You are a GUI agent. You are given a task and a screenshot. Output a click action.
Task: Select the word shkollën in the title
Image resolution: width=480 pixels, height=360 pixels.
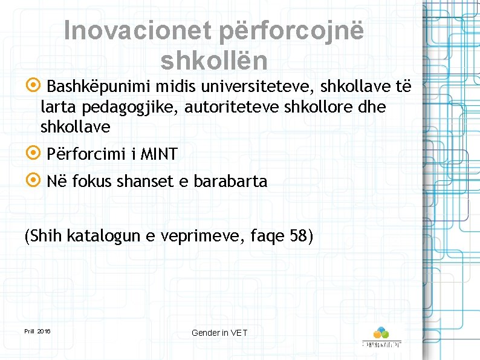point(214,60)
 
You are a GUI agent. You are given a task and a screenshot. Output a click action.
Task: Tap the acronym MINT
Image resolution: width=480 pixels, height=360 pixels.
point(159,154)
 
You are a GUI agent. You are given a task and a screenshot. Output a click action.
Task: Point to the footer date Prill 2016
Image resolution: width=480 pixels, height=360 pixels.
point(37,332)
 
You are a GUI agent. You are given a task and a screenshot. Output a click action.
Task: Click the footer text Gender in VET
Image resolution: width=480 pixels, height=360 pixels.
point(219,333)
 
